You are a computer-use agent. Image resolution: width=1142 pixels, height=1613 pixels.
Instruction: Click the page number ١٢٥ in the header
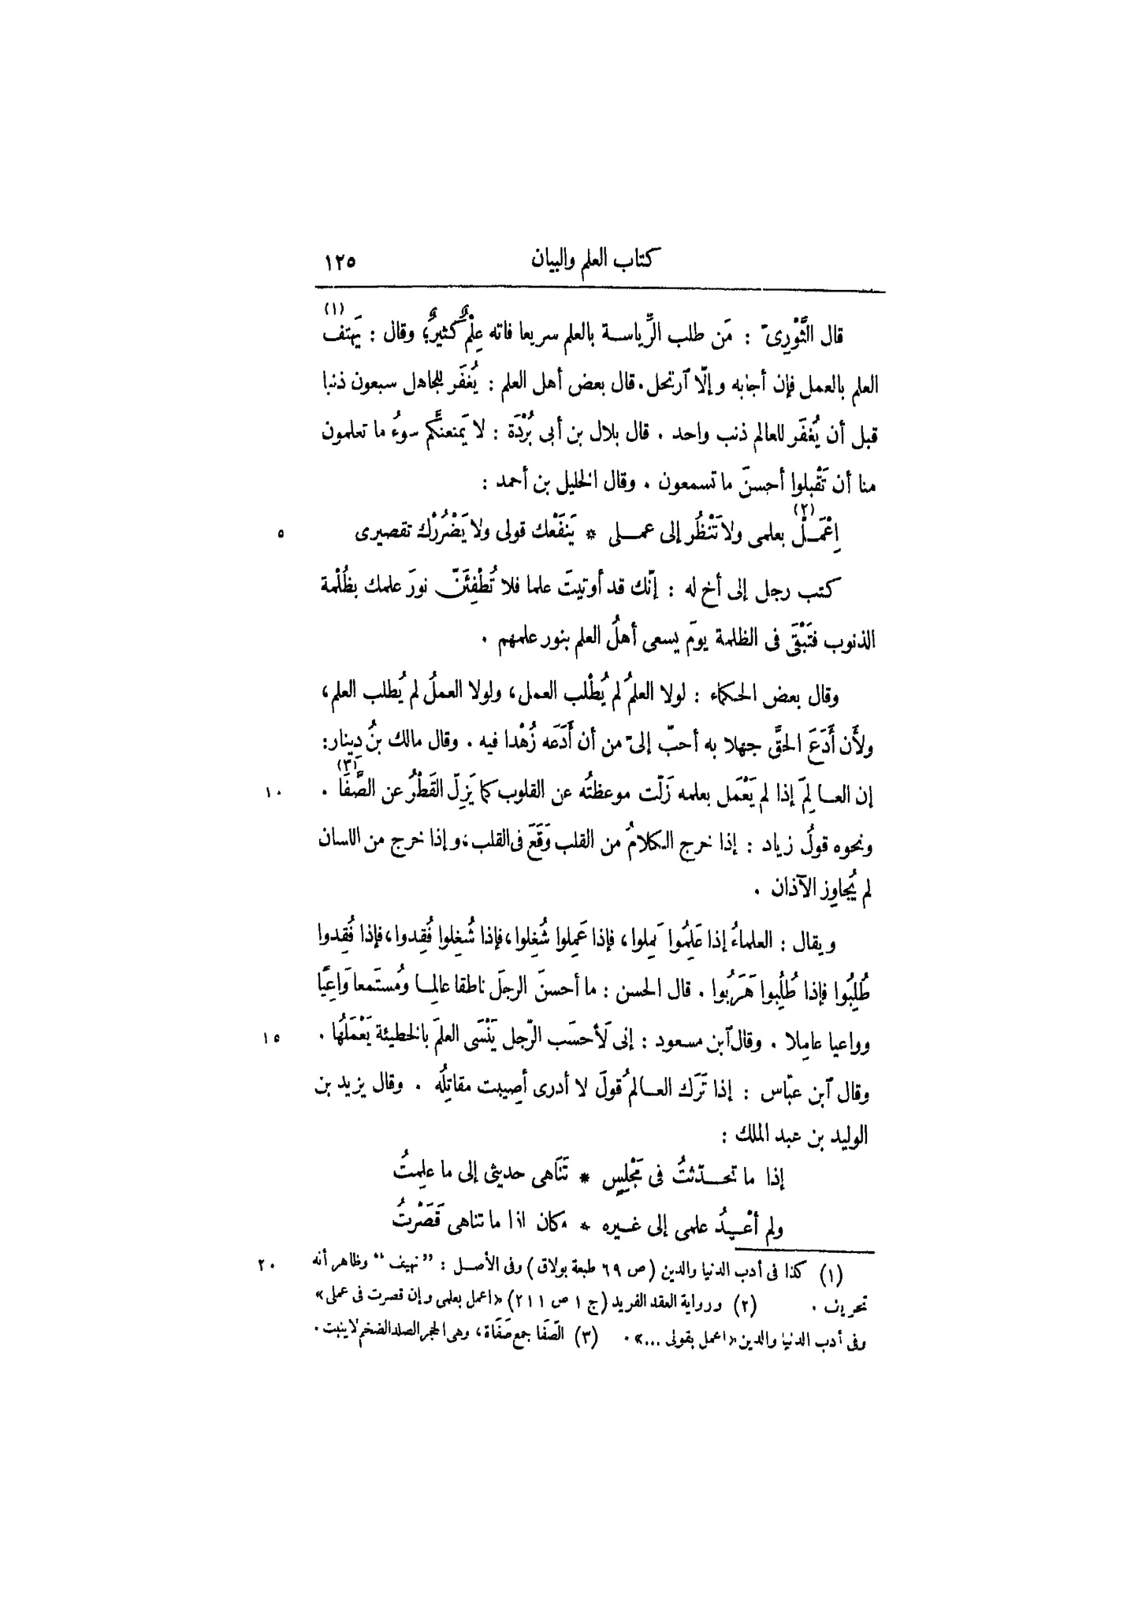pos(340,262)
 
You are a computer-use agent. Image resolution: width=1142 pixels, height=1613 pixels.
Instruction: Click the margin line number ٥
pos(281,535)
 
